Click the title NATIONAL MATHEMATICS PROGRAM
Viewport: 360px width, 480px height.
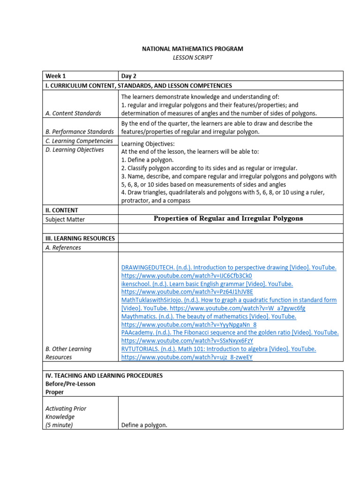point(193,49)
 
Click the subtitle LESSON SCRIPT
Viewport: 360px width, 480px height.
point(193,57)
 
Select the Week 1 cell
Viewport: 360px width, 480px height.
point(55,76)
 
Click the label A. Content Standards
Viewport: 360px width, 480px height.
point(73,113)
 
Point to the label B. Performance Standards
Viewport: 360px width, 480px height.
point(80,132)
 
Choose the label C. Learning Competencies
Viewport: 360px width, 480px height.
point(79,141)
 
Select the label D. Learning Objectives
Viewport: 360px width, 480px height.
point(75,150)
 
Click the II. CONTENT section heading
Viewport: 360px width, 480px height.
point(62,210)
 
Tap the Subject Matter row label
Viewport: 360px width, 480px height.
point(65,219)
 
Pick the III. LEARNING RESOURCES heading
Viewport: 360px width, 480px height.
point(80,238)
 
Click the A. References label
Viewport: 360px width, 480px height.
point(63,247)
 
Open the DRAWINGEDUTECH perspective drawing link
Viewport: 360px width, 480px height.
point(228,268)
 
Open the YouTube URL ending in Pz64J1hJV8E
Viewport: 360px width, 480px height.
point(187,292)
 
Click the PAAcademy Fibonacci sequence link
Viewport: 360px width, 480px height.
point(230,332)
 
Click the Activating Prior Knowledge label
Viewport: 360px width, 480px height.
point(66,412)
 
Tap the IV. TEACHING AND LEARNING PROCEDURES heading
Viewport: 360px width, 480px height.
point(104,375)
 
